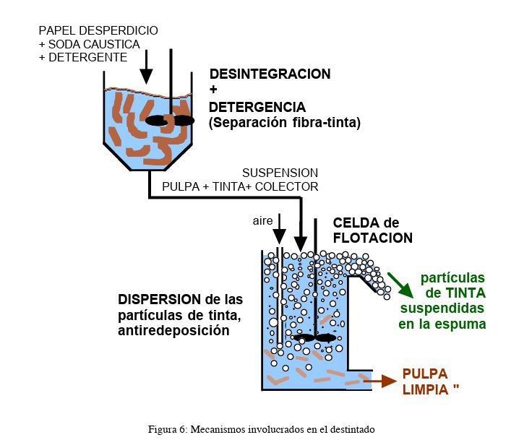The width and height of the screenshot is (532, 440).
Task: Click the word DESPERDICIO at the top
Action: pos(119,30)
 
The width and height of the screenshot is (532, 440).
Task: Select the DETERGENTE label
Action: pos(88,57)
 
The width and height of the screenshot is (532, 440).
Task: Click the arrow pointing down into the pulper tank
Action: pos(147,67)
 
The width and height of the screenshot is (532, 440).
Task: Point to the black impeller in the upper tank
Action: pos(170,121)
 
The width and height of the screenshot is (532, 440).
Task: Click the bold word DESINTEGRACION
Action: pos(270,74)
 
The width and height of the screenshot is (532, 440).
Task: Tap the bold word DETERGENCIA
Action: pos(257,107)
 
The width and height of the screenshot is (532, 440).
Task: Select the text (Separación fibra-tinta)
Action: pos(285,123)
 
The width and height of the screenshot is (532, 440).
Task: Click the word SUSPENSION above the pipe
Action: pos(280,173)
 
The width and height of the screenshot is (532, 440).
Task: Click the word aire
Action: pos(262,221)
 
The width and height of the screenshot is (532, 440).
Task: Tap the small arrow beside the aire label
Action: pos(279,228)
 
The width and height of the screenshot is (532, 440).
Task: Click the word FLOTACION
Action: pos(373,238)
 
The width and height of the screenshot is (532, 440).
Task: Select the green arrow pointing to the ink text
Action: pos(400,285)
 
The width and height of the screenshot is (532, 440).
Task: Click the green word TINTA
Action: pos(465,293)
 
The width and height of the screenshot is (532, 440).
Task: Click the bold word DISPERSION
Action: pos(160,300)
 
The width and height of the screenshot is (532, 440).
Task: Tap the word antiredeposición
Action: pos(173,330)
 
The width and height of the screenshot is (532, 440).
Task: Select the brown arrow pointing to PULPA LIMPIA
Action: pos(380,381)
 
